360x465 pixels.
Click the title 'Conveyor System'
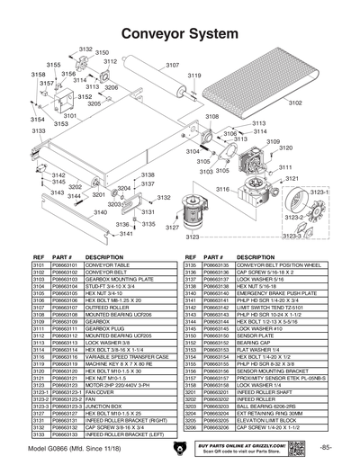[x=179, y=33]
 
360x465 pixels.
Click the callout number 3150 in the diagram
[x=101, y=54]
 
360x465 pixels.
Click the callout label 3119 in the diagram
[x=193, y=76]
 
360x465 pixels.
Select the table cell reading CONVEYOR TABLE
[x=107, y=266]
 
